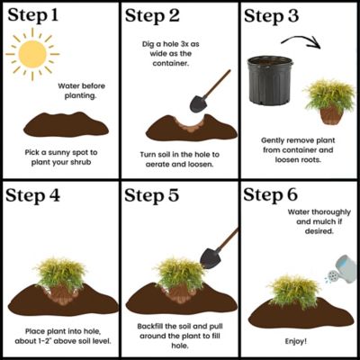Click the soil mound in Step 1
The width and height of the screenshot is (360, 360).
pos(59,125)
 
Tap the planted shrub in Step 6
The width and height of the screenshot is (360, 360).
pos(294,291)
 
